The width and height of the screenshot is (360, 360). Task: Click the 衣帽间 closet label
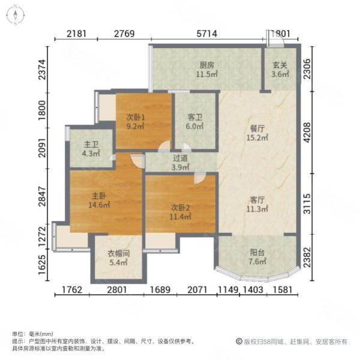click(x=118, y=253)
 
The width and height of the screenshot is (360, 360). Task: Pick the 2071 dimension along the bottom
click(x=198, y=292)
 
